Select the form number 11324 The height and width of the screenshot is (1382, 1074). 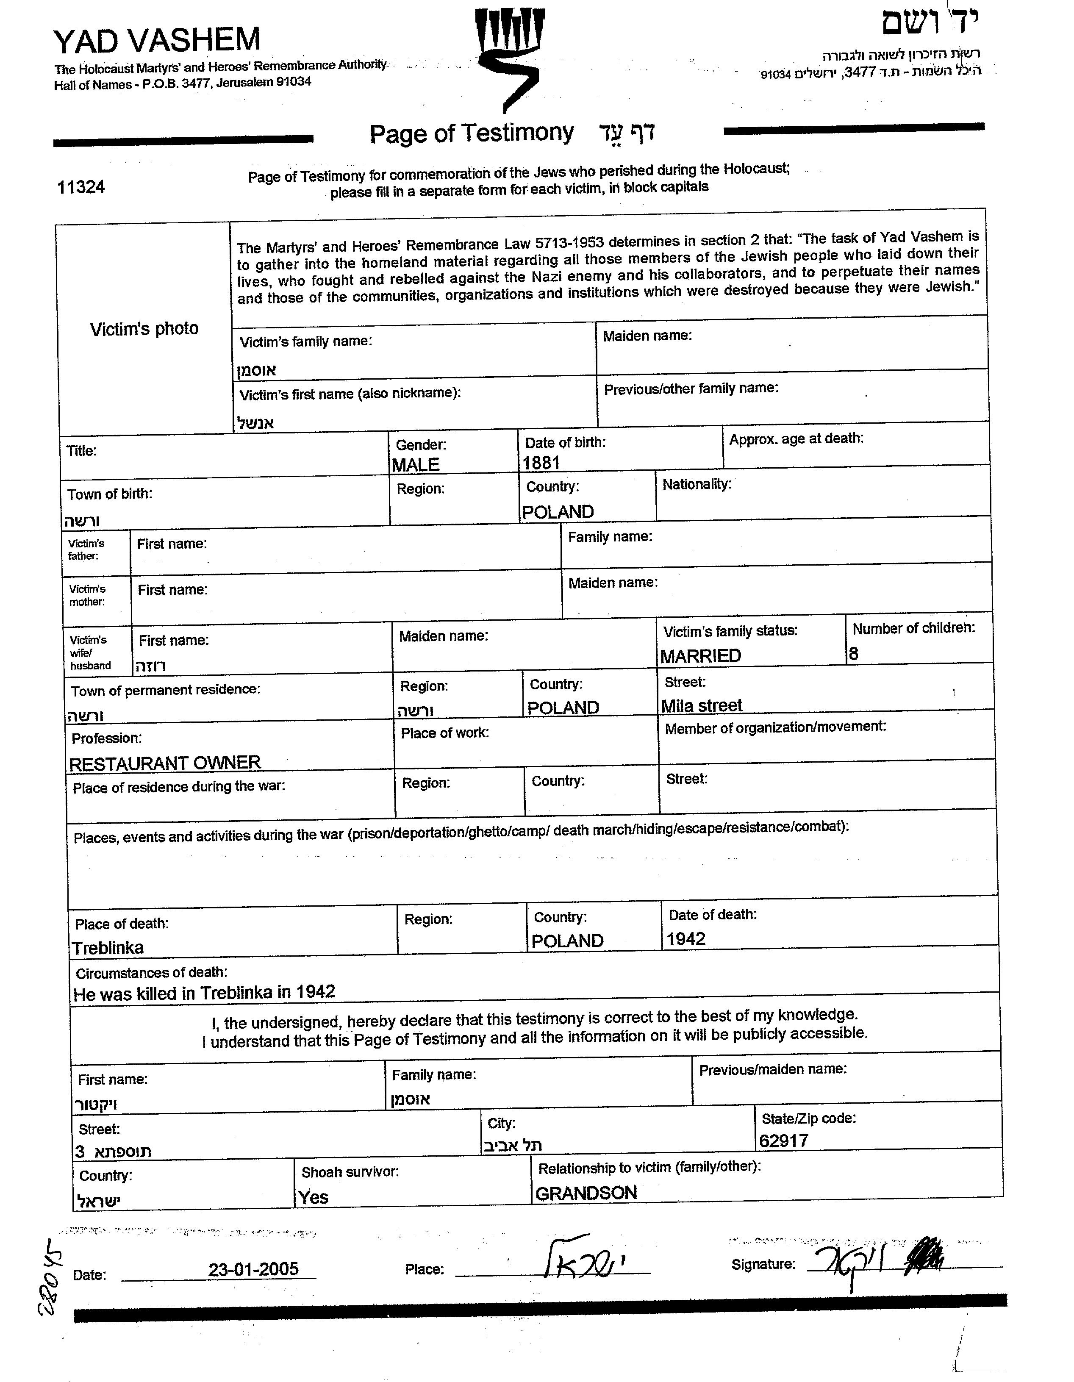[x=81, y=187]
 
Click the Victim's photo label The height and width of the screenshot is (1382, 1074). [x=144, y=329]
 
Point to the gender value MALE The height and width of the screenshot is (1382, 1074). [x=415, y=465]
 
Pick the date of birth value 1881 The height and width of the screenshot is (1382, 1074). [x=541, y=463]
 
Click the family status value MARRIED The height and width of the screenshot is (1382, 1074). [x=700, y=656]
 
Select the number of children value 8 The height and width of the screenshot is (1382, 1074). [x=854, y=654]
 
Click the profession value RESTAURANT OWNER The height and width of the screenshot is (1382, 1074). [x=164, y=763]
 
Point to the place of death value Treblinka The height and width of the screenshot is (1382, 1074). [x=108, y=948]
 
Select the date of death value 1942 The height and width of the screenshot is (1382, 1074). [x=686, y=939]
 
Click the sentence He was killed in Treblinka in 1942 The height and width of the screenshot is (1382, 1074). [x=204, y=993]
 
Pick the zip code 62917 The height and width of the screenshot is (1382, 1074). [x=783, y=1141]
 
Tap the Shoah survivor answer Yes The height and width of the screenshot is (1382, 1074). [x=313, y=1197]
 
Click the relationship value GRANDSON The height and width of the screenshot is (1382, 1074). [x=586, y=1193]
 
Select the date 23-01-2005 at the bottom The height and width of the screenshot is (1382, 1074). [x=253, y=1269]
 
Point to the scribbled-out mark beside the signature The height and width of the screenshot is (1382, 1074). [x=926, y=1256]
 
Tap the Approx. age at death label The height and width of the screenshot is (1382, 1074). [x=796, y=438]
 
